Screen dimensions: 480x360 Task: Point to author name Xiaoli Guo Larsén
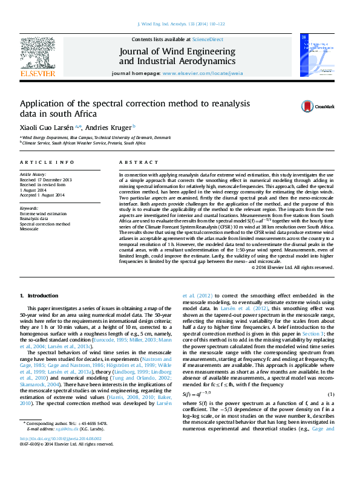coord(48,128)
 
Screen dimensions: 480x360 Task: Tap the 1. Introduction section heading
coord(39,296)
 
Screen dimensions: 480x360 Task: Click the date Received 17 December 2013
coord(46,180)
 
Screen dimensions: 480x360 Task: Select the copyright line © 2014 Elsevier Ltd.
coord(292,267)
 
